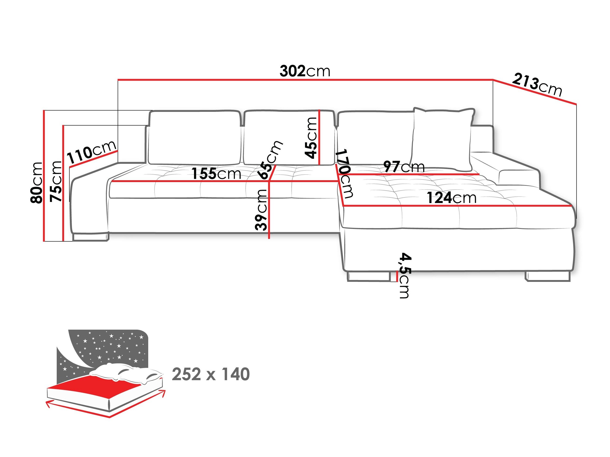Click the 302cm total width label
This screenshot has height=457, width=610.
(305, 71)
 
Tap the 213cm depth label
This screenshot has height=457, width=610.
(537, 85)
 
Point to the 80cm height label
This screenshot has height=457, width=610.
(37, 183)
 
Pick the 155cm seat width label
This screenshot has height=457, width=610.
(216, 174)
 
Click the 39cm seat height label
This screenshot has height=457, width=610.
(261, 210)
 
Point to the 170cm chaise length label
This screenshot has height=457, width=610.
(345, 174)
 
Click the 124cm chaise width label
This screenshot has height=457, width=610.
(451, 198)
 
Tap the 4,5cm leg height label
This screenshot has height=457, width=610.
(405, 275)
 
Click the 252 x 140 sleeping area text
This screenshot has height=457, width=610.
(211, 374)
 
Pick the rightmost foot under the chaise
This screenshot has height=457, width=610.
(547, 276)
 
